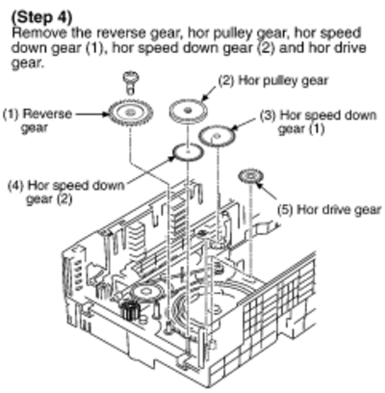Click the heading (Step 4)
coord(41,17)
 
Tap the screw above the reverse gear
coord(130,82)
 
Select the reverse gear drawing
coord(130,113)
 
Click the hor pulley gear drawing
coord(188,111)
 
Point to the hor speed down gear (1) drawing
coord(217,135)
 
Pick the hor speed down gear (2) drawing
coord(188,151)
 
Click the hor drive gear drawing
coord(250,176)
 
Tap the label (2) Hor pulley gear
coord(273,80)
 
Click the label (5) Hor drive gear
coord(329,210)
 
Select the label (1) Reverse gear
coord(38,120)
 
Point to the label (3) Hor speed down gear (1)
coord(318,122)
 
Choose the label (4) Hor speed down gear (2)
coord(65,193)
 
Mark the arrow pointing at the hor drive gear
coord(266,191)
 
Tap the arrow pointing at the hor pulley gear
coord(210,93)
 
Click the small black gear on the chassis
coord(130,310)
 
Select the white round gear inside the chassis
coord(143,292)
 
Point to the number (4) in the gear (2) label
coord(15,186)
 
